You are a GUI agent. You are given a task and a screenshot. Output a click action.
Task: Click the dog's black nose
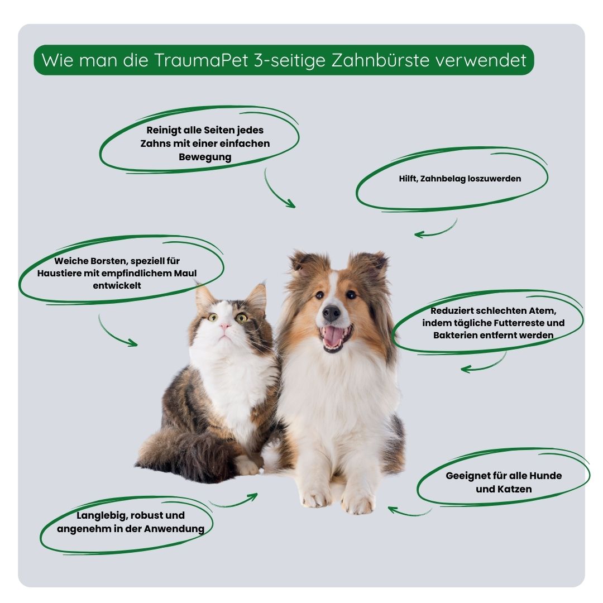pyautogui.click(x=331, y=313)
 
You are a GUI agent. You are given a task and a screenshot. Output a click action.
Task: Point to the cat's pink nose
pyautogui.click(x=224, y=326)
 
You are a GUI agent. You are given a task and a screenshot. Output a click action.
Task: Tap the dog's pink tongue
pyautogui.click(x=334, y=336)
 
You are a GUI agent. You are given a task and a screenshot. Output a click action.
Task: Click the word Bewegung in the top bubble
pyautogui.click(x=205, y=157)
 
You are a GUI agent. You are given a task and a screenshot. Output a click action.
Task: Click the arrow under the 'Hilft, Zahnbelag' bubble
pyautogui.click(x=435, y=230)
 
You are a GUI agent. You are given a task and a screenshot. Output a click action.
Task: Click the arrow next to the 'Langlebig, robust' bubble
pyautogui.click(x=234, y=501)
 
